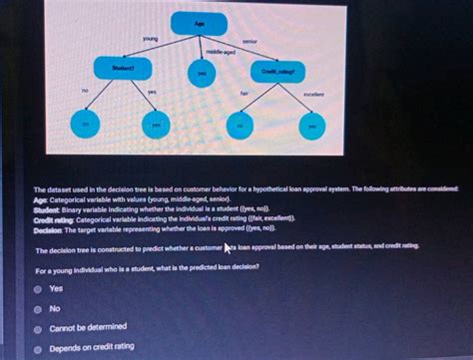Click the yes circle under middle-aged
203,73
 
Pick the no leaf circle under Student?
86,125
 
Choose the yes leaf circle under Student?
156,126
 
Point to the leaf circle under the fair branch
241,126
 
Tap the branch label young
150,39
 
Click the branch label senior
249,42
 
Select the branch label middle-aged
220,51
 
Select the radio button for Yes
37,289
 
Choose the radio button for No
37,308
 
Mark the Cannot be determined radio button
37,327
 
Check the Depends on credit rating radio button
37,347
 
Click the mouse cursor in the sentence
229,247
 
